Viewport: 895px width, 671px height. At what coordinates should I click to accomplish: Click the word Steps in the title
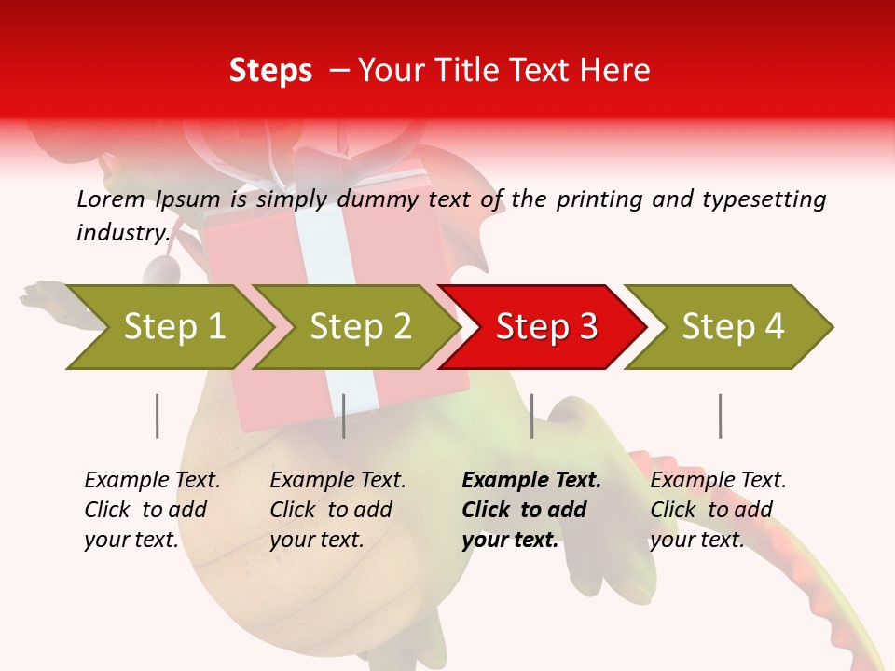pos(270,71)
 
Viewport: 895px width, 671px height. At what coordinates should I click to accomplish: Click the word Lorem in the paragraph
pos(111,199)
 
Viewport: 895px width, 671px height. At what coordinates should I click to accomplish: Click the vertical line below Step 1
pos(157,416)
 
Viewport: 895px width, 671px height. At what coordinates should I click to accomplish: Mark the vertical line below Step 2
pos(343,416)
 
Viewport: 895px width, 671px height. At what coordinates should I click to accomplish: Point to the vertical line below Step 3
pos(531,416)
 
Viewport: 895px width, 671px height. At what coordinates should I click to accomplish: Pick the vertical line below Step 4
pos(720,416)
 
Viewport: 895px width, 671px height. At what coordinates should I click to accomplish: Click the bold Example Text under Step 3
pos(531,481)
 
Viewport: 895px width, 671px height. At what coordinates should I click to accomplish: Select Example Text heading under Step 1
pos(152,481)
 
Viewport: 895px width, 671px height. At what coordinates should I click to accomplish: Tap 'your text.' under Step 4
pos(697,540)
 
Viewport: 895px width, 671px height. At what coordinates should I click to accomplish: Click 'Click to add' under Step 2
pos(331,511)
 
